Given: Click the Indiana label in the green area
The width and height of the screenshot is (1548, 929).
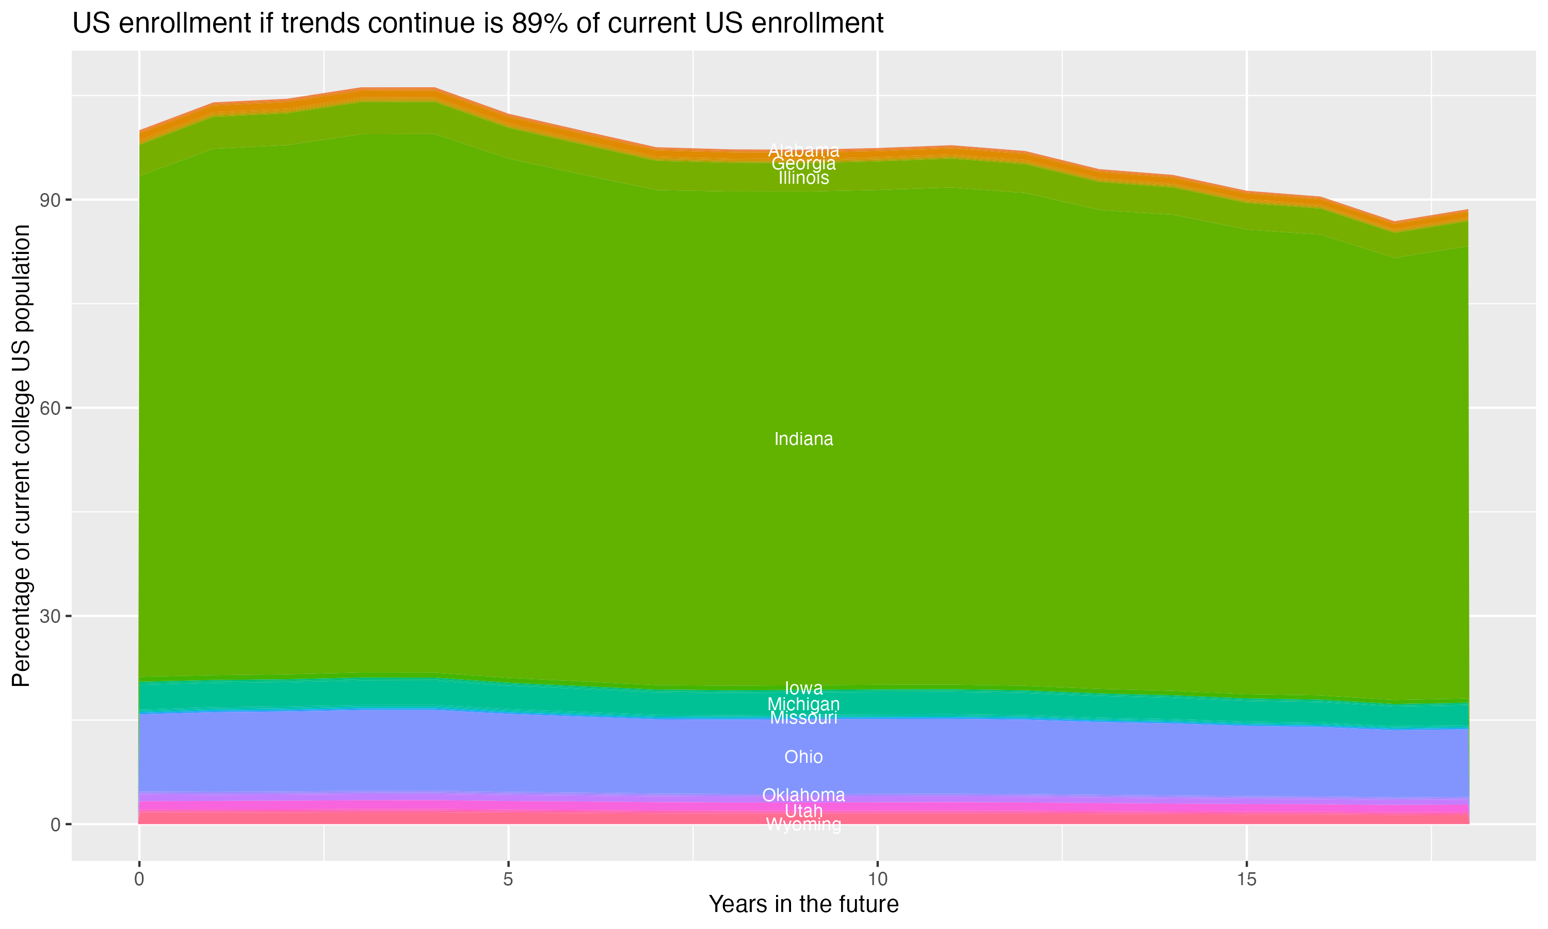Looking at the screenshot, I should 803,439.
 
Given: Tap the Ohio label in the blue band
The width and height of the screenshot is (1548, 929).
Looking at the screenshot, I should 803,757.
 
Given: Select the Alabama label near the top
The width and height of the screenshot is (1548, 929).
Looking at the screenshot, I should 803,150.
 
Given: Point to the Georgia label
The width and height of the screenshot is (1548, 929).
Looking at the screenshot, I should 803,164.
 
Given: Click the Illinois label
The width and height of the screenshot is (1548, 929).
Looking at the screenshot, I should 803,179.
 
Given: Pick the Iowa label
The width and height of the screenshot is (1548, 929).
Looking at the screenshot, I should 803,688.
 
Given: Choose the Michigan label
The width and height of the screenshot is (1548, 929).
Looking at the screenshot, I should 803,703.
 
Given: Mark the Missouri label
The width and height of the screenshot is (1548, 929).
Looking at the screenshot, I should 803,718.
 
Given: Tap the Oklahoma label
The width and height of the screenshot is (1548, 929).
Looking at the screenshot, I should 803,795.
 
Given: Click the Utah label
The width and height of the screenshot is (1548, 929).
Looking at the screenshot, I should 803,811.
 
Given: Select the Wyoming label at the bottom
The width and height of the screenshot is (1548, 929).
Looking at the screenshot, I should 803,825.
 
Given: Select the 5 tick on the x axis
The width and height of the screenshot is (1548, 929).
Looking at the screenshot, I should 508,879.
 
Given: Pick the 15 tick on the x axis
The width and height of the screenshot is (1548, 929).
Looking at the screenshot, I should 1247,879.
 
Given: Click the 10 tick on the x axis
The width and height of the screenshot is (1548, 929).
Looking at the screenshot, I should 877,879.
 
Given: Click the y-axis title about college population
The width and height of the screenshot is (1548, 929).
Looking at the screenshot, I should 22,455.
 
